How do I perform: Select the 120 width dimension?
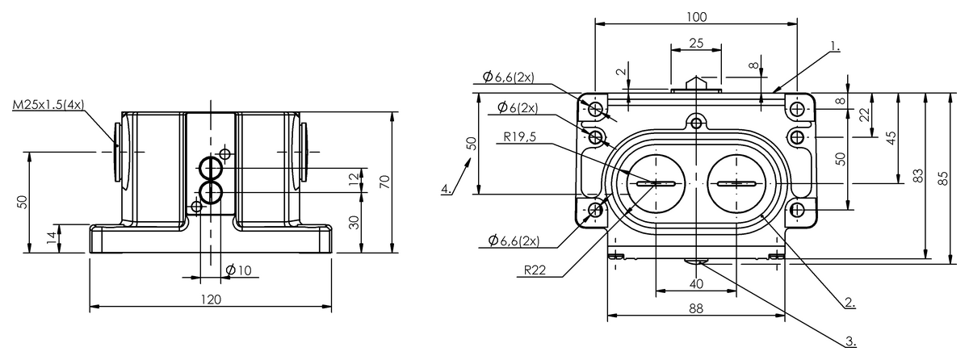pos(210,299)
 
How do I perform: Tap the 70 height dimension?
pos(384,182)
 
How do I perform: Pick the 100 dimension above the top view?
pos(696,16)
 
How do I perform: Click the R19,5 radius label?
pos(517,137)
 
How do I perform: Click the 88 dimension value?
pos(695,307)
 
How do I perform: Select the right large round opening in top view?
pos(736,184)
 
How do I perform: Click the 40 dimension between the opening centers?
pos(695,283)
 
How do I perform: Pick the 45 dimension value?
pos(891,137)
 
